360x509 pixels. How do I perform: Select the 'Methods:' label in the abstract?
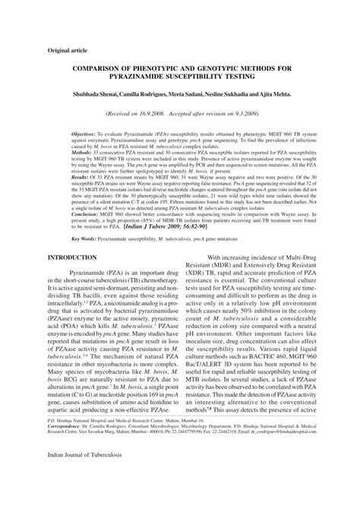pos(63,151)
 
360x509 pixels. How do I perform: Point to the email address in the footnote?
pos(287,471)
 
